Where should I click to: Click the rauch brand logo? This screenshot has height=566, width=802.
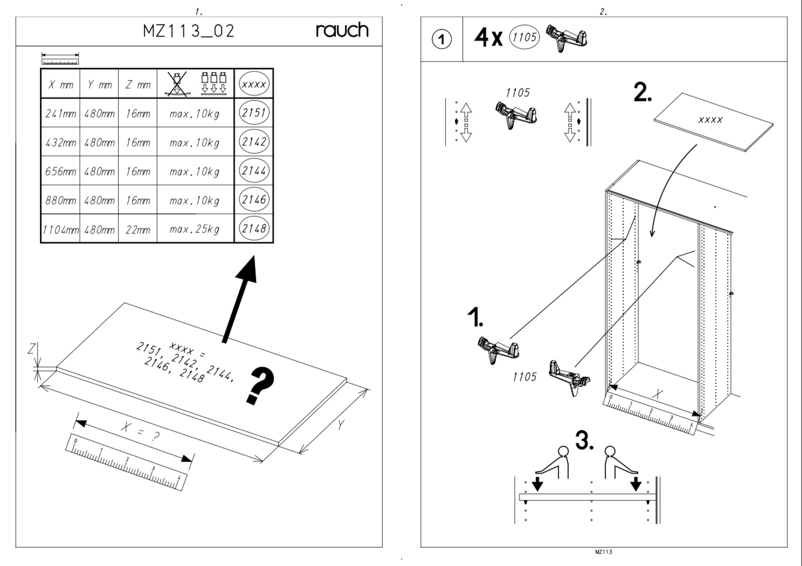342,30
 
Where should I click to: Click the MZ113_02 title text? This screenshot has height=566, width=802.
189,31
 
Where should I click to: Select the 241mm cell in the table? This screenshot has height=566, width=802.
60,114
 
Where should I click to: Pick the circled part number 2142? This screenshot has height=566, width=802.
254,142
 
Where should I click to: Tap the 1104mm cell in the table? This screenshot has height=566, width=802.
60,230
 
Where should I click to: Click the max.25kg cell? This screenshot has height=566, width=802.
195,229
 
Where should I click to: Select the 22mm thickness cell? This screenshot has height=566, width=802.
138,230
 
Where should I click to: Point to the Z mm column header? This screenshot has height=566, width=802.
138,85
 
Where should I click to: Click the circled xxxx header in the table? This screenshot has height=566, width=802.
254,84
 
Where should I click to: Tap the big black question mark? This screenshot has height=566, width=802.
260,385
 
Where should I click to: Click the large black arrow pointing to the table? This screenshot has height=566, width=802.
239,299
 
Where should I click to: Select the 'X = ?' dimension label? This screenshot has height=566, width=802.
140,431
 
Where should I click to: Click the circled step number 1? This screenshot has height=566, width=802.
441,39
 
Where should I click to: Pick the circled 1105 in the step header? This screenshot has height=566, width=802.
524,37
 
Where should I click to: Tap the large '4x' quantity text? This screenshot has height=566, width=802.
488,38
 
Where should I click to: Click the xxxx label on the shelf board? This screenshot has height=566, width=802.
710,120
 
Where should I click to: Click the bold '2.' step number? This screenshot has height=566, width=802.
642,92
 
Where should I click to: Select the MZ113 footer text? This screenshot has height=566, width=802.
604,551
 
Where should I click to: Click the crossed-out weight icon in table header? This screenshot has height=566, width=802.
177,84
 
